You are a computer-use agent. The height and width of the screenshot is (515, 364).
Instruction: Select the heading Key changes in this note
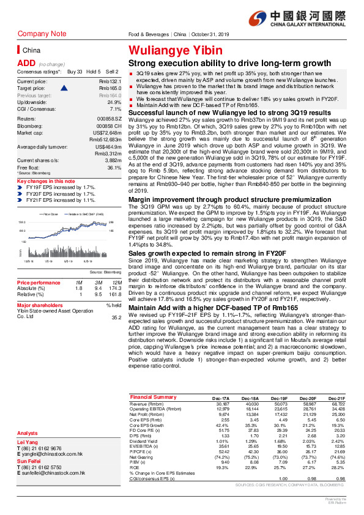(46, 182)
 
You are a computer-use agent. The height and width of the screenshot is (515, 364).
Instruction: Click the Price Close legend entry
(50, 214)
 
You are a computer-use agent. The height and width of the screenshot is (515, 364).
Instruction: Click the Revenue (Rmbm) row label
(147, 404)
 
